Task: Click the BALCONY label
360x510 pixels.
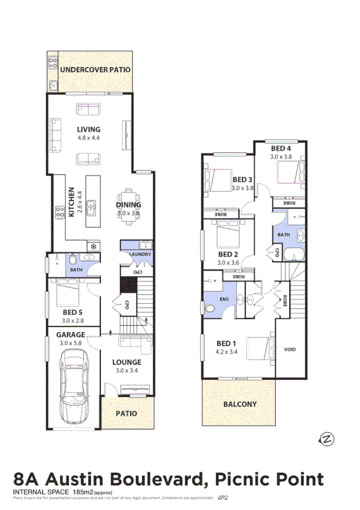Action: pyautogui.click(x=240, y=404)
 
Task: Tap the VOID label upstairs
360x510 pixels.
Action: pyautogui.click(x=289, y=349)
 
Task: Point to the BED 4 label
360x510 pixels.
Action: pyautogui.click(x=281, y=149)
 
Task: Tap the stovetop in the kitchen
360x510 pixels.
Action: pyautogui.click(x=60, y=211)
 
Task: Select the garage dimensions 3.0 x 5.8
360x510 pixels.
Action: pyautogui.click(x=71, y=343)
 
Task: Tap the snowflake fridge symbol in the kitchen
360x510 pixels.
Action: pyautogui.click(x=93, y=245)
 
